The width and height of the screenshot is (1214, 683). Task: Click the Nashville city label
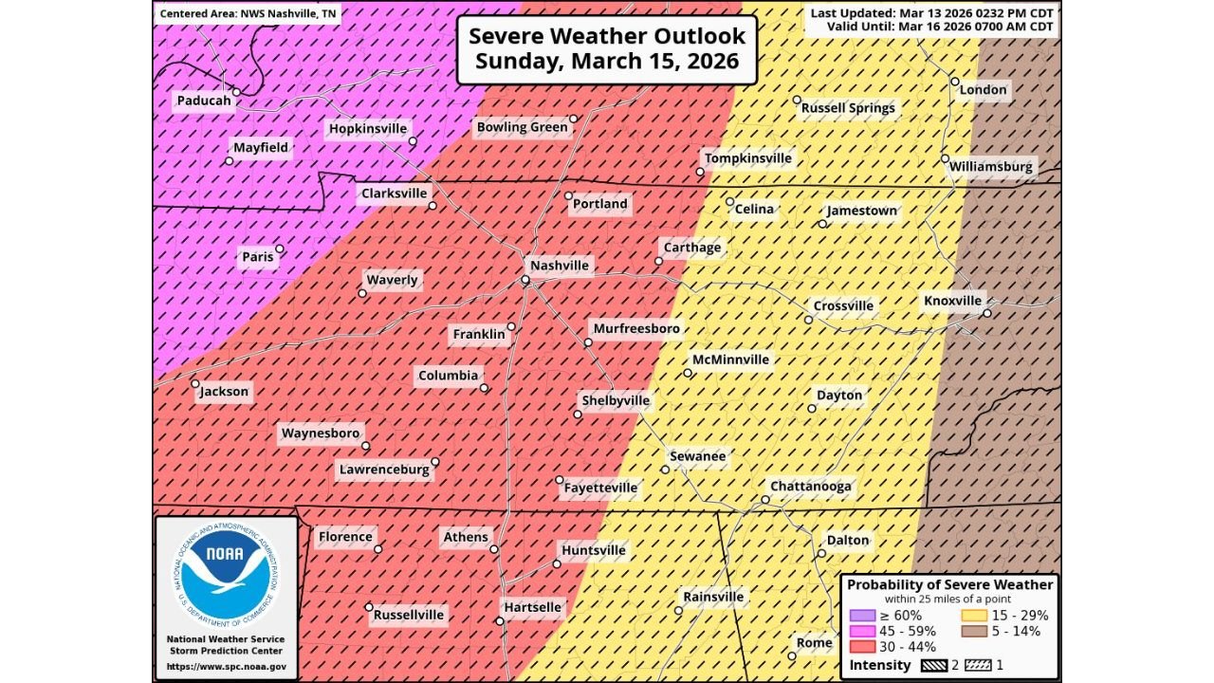pyautogui.click(x=560, y=266)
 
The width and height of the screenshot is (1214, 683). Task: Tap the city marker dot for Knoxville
pyautogui.click(x=986, y=313)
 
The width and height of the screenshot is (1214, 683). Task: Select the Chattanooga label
pyautogui.click(x=811, y=487)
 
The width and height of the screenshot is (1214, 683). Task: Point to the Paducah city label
pyautogui.click(x=204, y=101)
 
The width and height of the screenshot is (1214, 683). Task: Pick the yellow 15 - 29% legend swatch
pyautogui.click(x=974, y=615)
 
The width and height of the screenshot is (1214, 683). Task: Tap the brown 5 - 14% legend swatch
pyautogui.click(x=974, y=631)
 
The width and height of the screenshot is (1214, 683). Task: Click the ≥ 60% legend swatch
pyautogui.click(x=863, y=615)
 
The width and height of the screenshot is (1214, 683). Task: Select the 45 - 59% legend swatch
pyautogui.click(x=863, y=631)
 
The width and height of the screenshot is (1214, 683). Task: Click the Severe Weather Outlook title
pyautogui.click(x=607, y=49)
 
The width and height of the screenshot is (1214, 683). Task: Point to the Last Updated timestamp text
pyautogui.click(x=930, y=12)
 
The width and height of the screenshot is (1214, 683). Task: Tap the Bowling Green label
pyautogui.click(x=522, y=127)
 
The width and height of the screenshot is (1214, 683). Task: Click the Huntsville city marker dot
pyautogui.click(x=557, y=563)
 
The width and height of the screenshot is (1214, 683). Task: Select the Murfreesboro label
pyautogui.click(x=636, y=328)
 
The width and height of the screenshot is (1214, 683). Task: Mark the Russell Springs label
pyautogui.click(x=848, y=108)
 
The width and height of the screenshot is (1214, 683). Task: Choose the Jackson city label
pyautogui.click(x=224, y=392)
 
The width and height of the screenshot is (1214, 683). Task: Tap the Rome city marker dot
pyautogui.click(x=792, y=655)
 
